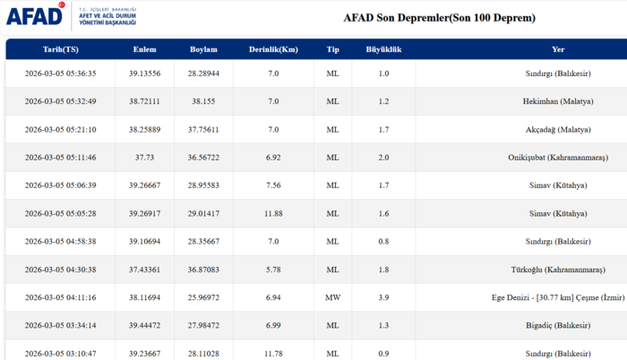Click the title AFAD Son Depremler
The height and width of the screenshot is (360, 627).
pyautogui.click(x=439, y=18)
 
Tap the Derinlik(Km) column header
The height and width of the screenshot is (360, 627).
pyautogui.click(x=273, y=49)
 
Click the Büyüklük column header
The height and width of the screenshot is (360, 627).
pyautogui.click(x=383, y=49)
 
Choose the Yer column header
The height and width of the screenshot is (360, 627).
pyautogui.click(x=558, y=49)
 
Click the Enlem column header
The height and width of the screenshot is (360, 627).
pyautogui.click(x=145, y=49)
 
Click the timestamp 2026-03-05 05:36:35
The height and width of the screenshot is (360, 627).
pyautogui.click(x=60, y=73)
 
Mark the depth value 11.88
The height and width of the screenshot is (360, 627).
pyautogui.click(x=273, y=212)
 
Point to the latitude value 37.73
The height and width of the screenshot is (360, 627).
pyautogui.click(x=145, y=157)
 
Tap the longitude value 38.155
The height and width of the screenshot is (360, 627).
pyautogui.click(x=205, y=101)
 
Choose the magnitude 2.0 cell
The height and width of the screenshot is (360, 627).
pyautogui.click(x=383, y=157)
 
